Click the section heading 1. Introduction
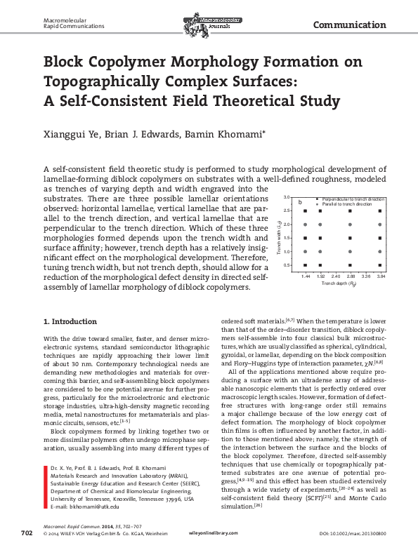pos(70,321)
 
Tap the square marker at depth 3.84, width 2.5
pos(381,210)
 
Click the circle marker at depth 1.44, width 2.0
pos(306,224)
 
